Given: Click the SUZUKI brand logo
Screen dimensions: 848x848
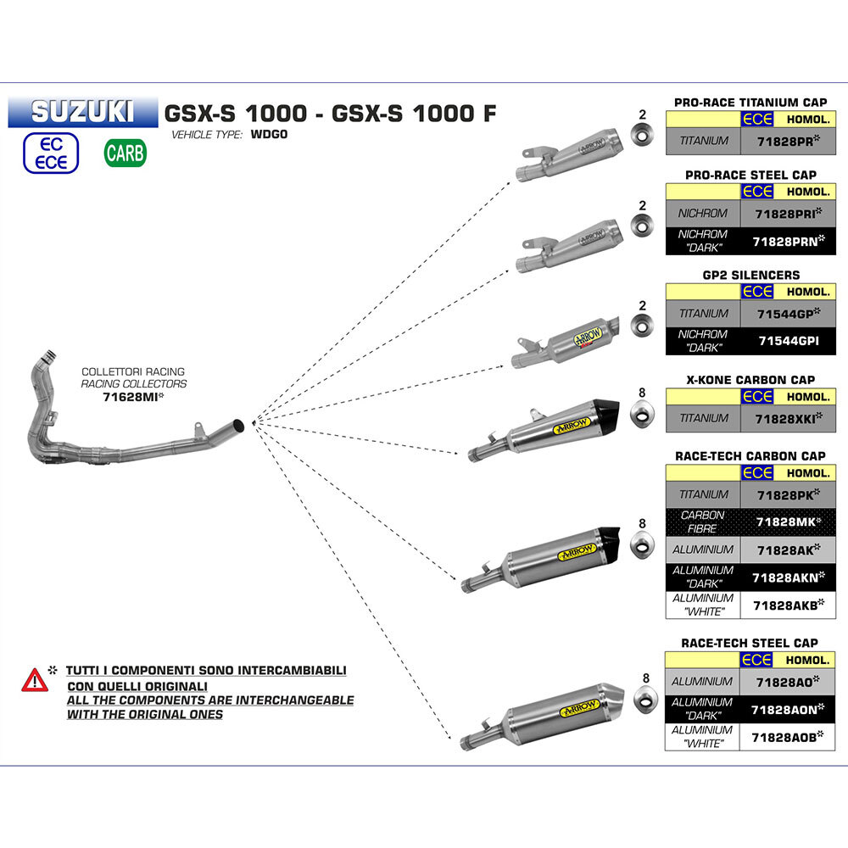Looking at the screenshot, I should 82,111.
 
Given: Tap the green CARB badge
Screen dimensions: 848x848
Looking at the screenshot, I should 125,153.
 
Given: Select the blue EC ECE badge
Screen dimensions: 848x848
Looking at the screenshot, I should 52,153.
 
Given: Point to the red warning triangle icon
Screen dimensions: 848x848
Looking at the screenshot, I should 34,679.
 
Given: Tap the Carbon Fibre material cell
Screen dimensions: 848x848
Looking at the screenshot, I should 703,522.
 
